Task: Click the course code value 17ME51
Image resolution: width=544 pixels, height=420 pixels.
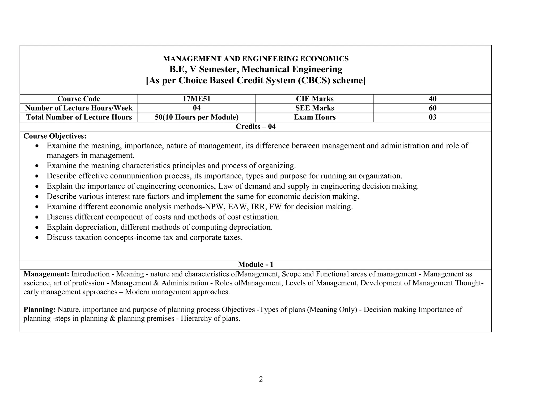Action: (x=197, y=99)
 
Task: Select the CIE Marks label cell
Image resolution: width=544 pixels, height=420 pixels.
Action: (x=314, y=99)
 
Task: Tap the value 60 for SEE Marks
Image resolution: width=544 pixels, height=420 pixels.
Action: (x=432, y=108)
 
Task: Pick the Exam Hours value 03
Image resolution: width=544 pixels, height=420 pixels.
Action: (x=432, y=117)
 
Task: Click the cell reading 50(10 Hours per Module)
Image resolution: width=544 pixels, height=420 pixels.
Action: (x=197, y=117)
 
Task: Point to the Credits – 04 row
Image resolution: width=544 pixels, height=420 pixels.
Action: (x=256, y=127)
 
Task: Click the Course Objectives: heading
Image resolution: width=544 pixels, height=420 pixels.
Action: (x=55, y=136)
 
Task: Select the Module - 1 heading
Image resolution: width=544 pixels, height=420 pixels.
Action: (x=256, y=264)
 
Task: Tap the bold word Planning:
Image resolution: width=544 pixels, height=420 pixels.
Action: (x=39, y=310)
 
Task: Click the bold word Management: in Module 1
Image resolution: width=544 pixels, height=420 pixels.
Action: (x=46, y=274)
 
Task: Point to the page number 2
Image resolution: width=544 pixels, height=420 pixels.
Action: (x=261, y=379)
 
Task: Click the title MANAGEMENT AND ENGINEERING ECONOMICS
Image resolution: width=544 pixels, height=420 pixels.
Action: (x=256, y=59)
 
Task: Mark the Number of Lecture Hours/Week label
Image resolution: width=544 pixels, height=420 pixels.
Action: (x=79, y=108)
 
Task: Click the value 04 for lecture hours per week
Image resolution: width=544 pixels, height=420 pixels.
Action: (x=197, y=108)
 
